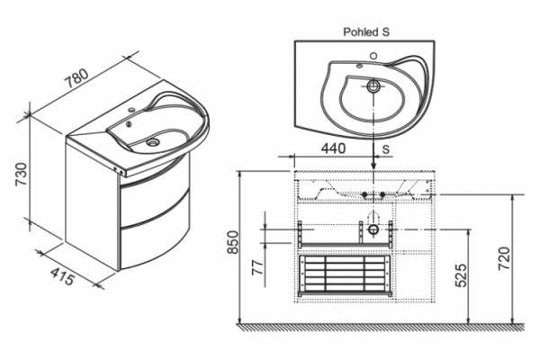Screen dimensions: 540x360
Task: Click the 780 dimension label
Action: (x=77, y=79)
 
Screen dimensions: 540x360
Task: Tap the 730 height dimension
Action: (x=22, y=174)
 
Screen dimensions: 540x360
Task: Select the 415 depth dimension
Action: (x=62, y=275)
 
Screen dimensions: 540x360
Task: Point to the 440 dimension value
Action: (x=333, y=148)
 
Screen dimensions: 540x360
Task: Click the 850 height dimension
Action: (x=233, y=242)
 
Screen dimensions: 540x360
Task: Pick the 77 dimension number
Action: (x=257, y=267)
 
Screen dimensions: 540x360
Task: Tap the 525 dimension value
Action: (x=462, y=275)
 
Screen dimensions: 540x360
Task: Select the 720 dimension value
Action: (x=504, y=258)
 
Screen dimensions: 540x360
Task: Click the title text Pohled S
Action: (x=366, y=32)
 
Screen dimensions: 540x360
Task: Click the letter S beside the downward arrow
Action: (x=386, y=149)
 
